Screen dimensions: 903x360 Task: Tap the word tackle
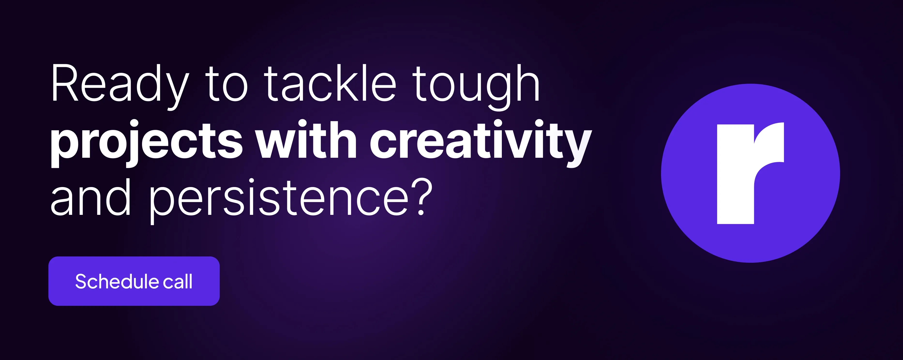pos(330,83)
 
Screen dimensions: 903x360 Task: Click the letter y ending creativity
pos(578,147)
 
